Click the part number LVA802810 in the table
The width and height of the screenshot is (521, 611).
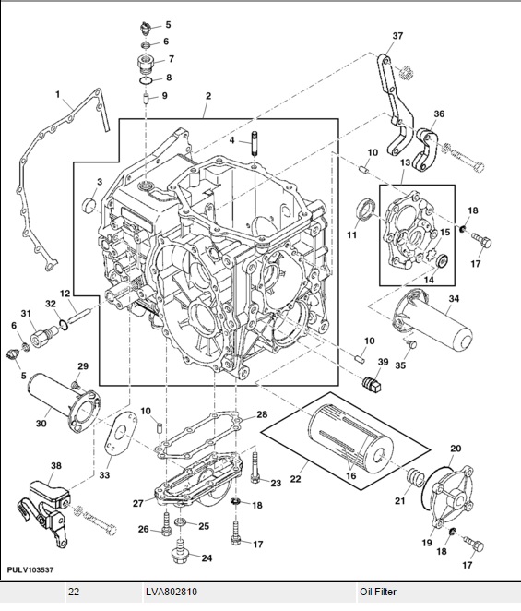[172, 592]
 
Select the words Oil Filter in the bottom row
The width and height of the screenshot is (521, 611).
[378, 592]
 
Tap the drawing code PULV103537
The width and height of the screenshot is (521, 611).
[30, 570]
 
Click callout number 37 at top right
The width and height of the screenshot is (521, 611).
[397, 36]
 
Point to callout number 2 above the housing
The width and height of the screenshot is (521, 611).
[208, 96]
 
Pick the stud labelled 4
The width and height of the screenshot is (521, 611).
[254, 143]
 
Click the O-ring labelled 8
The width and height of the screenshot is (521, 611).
[146, 80]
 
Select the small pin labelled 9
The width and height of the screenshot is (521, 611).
[146, 99]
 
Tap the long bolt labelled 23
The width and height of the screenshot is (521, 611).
[255, 466]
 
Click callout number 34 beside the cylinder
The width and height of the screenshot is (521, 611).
[454, 299]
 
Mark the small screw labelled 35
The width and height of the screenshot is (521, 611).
[411, 343]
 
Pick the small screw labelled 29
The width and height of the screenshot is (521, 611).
[76, 386]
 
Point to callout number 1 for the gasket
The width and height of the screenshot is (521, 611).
[57, 94]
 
